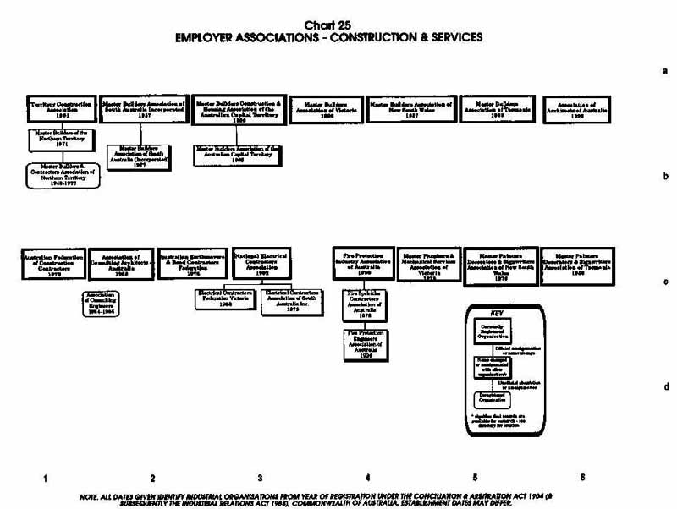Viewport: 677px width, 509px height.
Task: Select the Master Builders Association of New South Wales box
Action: click(412, 109)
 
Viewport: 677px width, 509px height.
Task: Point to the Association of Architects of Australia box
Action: click(578, 109)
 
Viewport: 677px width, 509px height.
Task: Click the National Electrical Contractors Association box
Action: click(261, 263)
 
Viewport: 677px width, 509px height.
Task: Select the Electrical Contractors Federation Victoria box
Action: click(225, 299)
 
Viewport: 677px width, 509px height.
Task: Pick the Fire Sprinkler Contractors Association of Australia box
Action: click(366, 306)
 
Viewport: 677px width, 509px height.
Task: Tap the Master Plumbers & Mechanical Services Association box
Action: click(429, 263)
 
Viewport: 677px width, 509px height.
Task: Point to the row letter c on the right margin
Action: click(666, 283)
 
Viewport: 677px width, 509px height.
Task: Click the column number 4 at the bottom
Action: click(367, 478)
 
